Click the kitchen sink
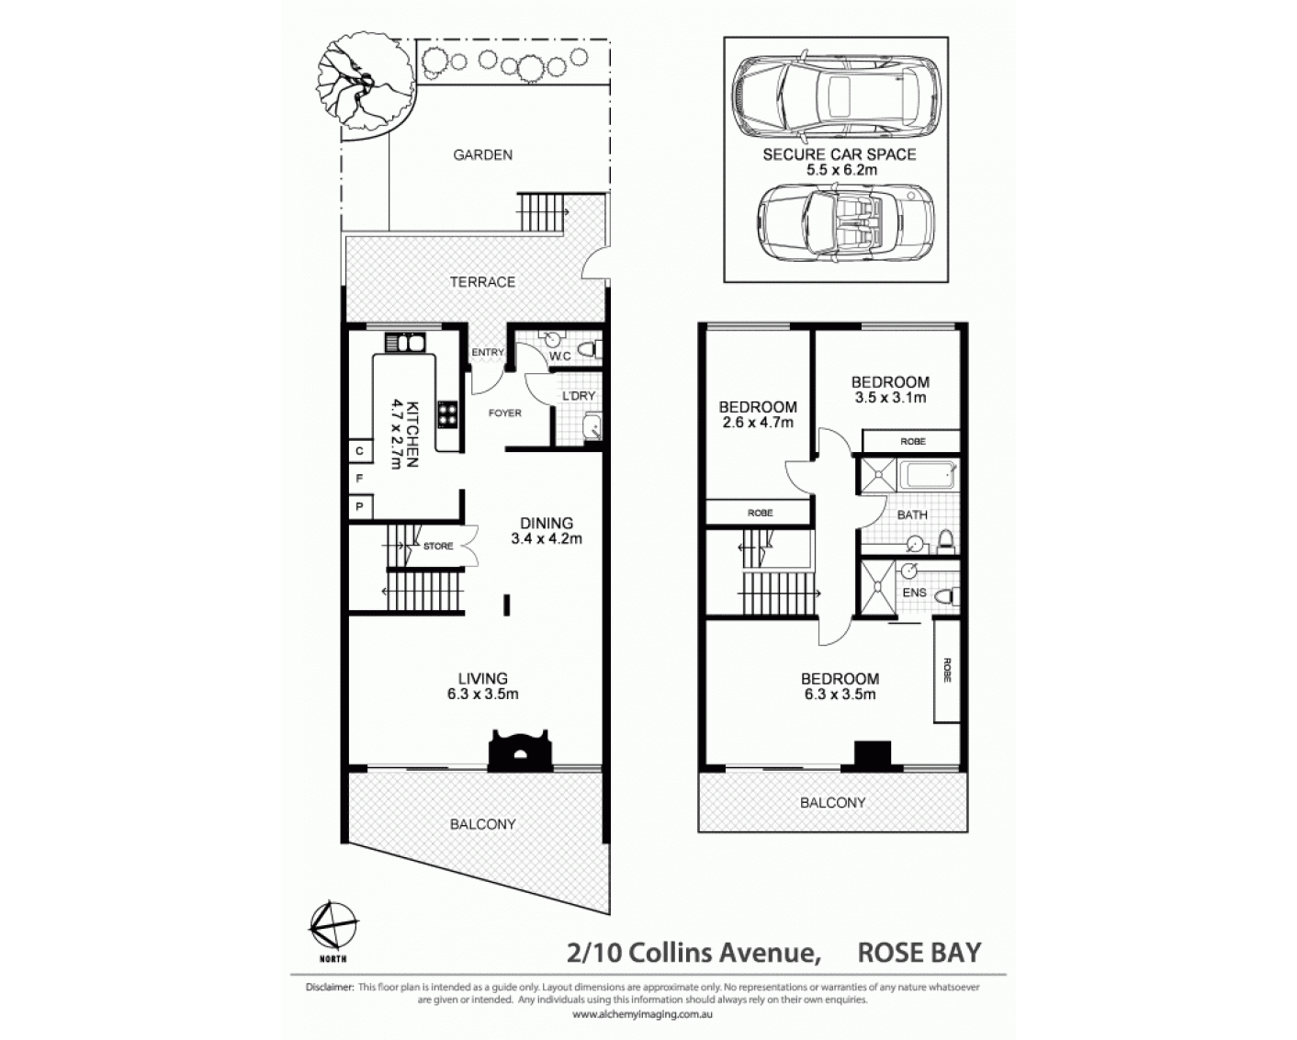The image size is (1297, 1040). pos(405,343)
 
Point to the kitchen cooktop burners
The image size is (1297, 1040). pos(448,414)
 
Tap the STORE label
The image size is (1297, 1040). pos(438,547)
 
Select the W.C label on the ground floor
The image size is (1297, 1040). pos(560,356)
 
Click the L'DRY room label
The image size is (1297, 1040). pos(579,396)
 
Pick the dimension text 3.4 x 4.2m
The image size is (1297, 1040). pos(547,539)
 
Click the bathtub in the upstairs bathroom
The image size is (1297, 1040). pos(927,474)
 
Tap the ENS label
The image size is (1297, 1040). pos(914,593)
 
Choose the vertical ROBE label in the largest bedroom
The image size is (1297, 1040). pos(947,670)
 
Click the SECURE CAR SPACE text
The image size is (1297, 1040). pos(840,155)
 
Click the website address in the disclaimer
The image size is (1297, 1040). pos(642,1014)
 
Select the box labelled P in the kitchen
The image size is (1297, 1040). pos(360,506)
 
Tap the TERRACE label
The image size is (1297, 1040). pos(483,282)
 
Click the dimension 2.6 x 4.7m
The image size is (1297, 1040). pos(758,423)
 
